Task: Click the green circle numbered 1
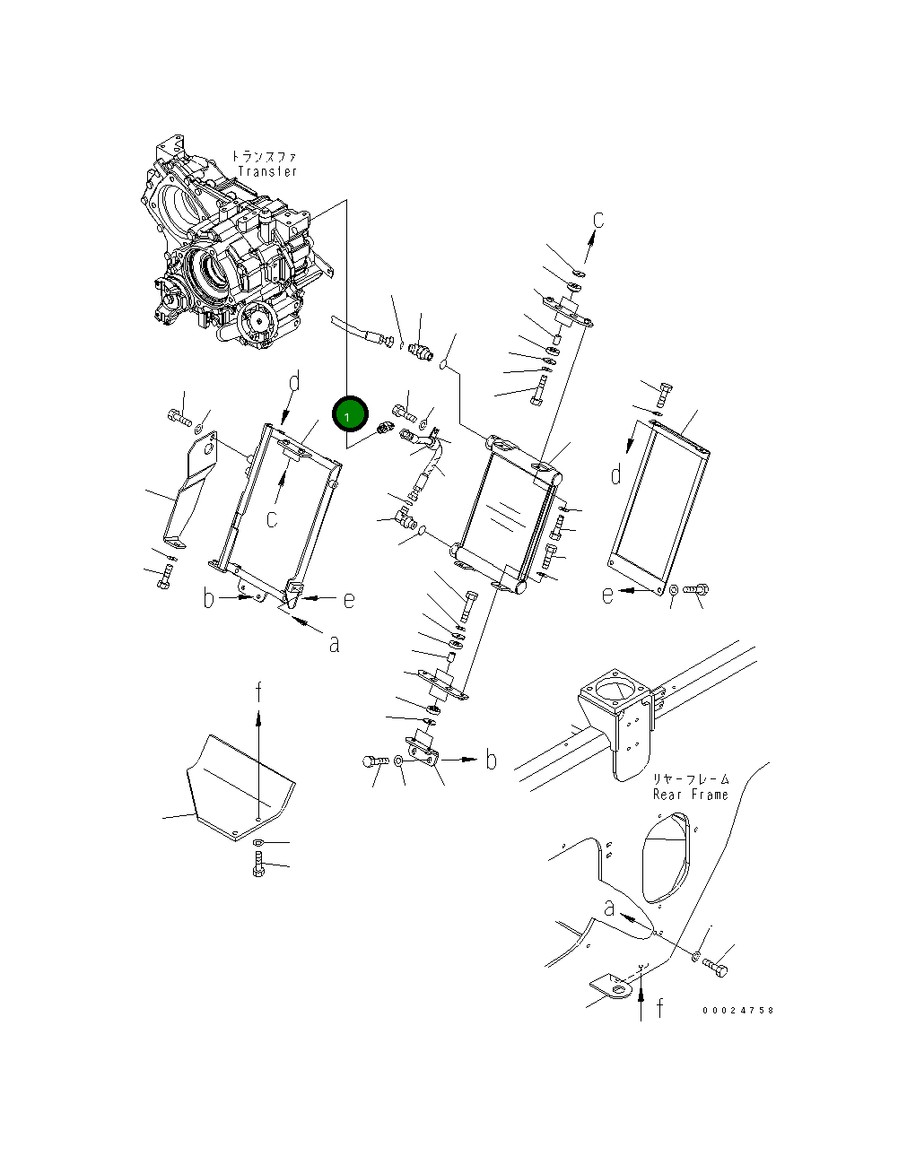(x=350, y=414)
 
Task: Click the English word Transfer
(x=267, y=171)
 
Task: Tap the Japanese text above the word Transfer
(x=264, y=156)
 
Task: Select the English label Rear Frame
(x=691, y=795)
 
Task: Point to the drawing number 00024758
(x=737, y=1010)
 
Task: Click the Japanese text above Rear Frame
(x=691, y=779)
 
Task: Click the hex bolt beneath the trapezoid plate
(x=258, y=864)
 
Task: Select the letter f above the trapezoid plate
(x=258, y=691)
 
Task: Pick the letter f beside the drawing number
(x=660, y=1007)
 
